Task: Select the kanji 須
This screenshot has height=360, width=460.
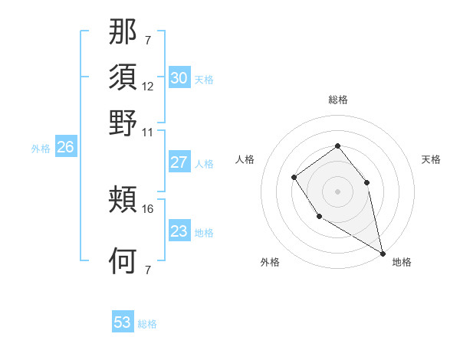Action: pos(123,78)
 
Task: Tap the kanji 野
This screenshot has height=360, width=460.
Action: pos(123,122)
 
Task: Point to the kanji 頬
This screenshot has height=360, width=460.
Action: pos(123,201)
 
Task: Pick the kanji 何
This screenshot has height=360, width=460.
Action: pos(123,261)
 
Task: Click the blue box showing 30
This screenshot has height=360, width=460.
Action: pos(179,78)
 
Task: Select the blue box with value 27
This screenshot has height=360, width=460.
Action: pos(179,162)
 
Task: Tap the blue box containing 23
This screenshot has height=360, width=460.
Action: pos(179,231)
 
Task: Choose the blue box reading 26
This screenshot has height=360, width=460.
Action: pos(65,148)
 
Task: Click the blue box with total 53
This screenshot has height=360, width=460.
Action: pos(123,322)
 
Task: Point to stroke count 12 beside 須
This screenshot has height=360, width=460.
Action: pos(148,87)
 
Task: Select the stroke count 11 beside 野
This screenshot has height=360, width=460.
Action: pos(148,131)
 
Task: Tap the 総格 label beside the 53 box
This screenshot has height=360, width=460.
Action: pos(147,324)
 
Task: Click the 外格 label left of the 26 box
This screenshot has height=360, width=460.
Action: pos(41,149)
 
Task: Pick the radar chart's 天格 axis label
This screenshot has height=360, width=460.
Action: pos(431,159)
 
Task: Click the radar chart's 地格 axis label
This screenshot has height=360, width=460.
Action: pos(402,262)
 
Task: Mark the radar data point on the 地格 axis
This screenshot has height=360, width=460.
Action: pos(383,254)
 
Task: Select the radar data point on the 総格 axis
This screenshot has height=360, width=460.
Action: pos(337,146)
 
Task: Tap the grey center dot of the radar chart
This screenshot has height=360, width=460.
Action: pos(337,191)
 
